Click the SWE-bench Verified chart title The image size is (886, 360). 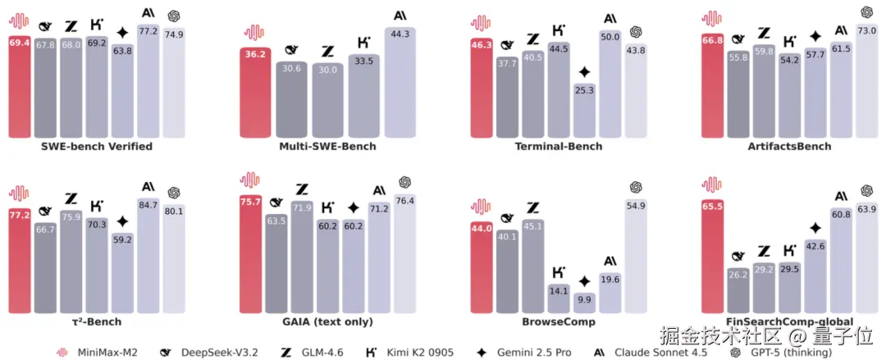97,147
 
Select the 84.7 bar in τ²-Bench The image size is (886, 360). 148,262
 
